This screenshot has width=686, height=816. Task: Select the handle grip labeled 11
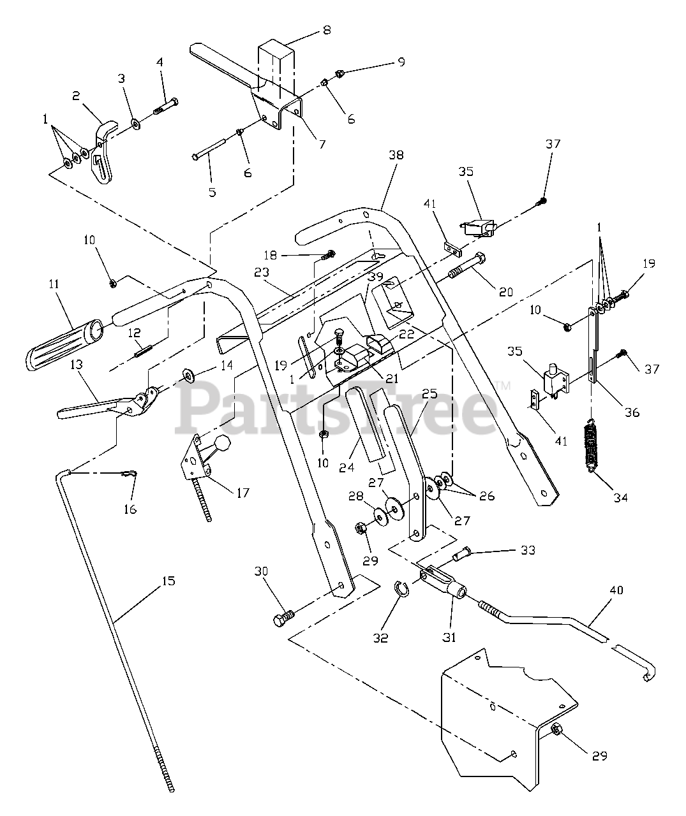(x=61, y=344)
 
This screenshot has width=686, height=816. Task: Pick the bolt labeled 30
(x=284, y=617)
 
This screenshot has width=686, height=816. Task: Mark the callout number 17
(x=242, y=493)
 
